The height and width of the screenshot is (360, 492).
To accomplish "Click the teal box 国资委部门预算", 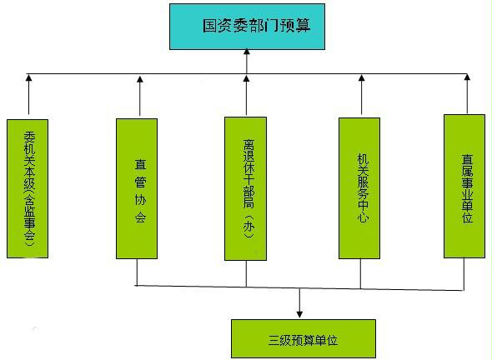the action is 247,27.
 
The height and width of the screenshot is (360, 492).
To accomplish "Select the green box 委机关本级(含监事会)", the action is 28,188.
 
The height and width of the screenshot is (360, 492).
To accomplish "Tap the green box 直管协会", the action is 137,188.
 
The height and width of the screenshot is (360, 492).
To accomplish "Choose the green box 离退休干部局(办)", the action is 245,188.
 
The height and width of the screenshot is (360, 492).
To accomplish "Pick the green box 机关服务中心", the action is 359,188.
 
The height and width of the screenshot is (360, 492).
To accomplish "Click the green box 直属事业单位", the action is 464,187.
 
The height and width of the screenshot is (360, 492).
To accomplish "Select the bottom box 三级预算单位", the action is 303,338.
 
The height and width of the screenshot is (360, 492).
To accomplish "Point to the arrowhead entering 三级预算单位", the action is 299,314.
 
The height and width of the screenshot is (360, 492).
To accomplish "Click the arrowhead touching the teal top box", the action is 247,52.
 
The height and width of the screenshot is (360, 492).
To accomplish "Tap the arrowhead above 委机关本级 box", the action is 29,78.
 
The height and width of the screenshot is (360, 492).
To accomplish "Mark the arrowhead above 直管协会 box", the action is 140,79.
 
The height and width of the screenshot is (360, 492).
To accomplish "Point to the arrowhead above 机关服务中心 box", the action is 361,78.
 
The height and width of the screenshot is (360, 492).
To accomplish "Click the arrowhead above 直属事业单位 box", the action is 467,77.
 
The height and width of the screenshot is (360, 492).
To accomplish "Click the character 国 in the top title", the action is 210,26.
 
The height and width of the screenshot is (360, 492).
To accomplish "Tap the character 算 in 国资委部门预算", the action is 303,26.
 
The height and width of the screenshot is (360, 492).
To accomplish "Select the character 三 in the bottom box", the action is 274,340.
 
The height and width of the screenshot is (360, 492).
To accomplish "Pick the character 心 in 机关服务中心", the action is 363,217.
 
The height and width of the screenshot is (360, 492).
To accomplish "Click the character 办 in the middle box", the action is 249,227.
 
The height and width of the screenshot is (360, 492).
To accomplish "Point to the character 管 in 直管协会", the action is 140,182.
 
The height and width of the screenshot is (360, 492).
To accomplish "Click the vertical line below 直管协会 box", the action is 137,272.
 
